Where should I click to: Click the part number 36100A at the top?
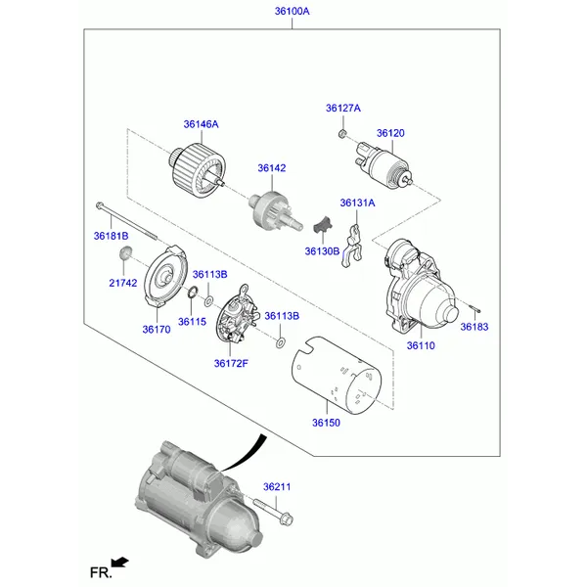pos(292,11)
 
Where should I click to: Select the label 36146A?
pos(201,124)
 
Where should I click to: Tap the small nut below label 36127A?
pos(341,132)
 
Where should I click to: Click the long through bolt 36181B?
pos(126,222)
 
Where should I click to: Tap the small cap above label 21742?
pos(125,252)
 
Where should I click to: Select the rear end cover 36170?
pos(165,277)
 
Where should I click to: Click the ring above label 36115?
pos(192,293)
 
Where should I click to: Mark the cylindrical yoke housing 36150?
pos(336,375)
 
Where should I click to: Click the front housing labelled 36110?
pos(417,287)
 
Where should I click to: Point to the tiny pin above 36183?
pos(474,309)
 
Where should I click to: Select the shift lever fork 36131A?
pos(352,246)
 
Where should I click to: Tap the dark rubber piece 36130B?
pos(323,225)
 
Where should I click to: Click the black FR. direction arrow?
pos(119,563)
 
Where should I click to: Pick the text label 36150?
pos(326,423)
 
